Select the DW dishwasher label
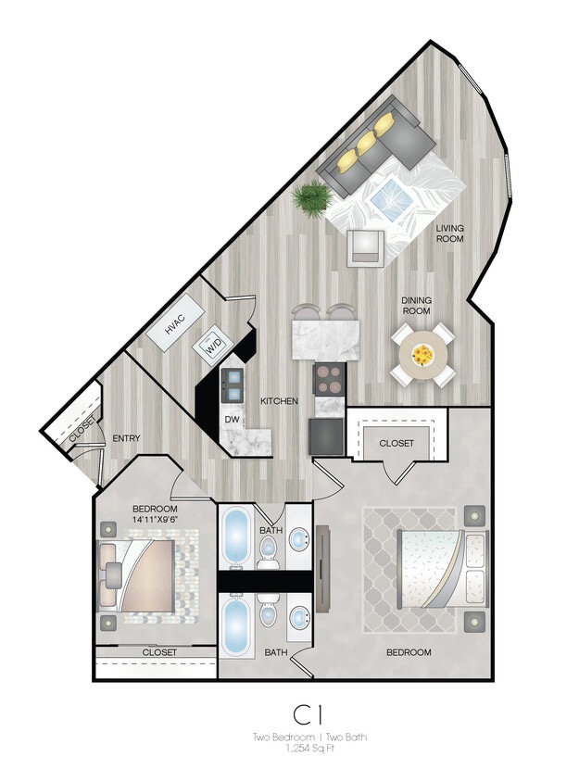point(232,419)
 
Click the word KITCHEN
point(278,401)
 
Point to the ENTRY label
point(125,438)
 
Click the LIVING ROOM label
point(450,233)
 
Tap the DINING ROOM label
point(416,305)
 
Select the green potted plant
point(313,196)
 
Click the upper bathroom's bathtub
point(235,536)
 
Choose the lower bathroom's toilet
point(268,614)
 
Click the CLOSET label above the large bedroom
point(396,443)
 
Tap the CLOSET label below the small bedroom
point(159,652)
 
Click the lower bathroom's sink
point(299,618)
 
